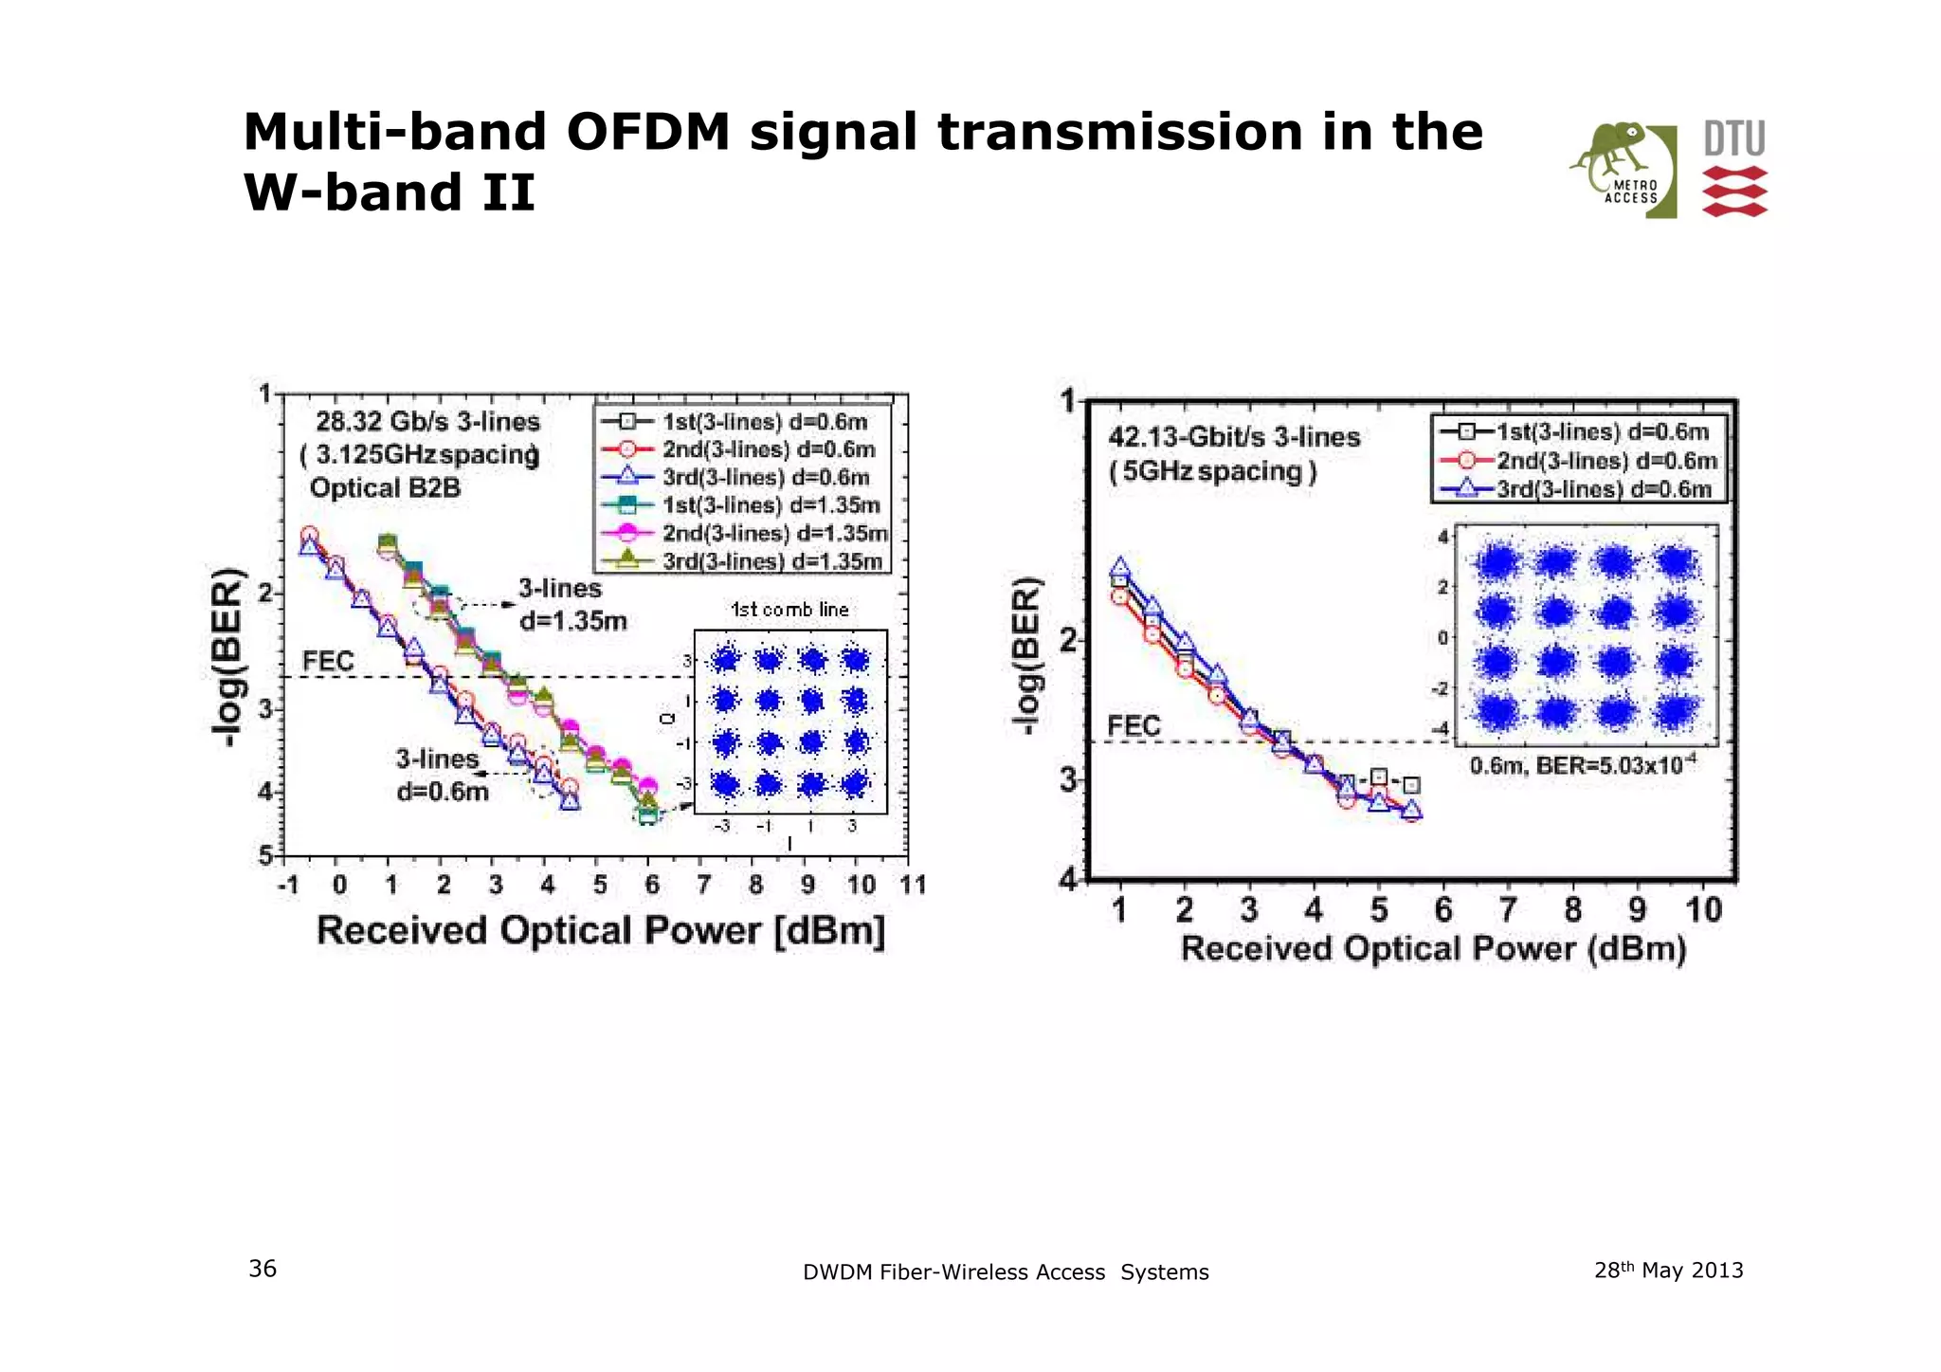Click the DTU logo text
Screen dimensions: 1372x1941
(1734, 138)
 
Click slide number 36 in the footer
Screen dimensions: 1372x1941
(263, 1269)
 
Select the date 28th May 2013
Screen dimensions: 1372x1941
(1668, 1270)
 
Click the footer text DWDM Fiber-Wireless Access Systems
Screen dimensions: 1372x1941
(1006, 1272)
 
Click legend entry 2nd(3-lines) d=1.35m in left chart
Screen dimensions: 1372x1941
(774, 533)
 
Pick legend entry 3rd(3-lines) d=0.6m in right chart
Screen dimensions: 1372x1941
(1604, 489)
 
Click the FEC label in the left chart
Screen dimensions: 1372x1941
(328, 661)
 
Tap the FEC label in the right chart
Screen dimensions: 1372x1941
(1134, 726)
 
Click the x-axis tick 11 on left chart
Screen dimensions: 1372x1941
(913, 885)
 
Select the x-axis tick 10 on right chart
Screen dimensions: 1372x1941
(1703, 909)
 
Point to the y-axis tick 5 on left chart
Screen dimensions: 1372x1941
(266, 855)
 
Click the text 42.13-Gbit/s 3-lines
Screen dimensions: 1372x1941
(1234, 437)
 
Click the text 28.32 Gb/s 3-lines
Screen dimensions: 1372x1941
(427, 422)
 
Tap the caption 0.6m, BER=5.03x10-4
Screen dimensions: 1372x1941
(1582, 764)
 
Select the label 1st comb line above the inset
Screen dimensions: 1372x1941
(789, 610)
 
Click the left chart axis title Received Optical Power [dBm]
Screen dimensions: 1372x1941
(601, 930)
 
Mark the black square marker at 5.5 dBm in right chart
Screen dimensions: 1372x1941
(1411, 785)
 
